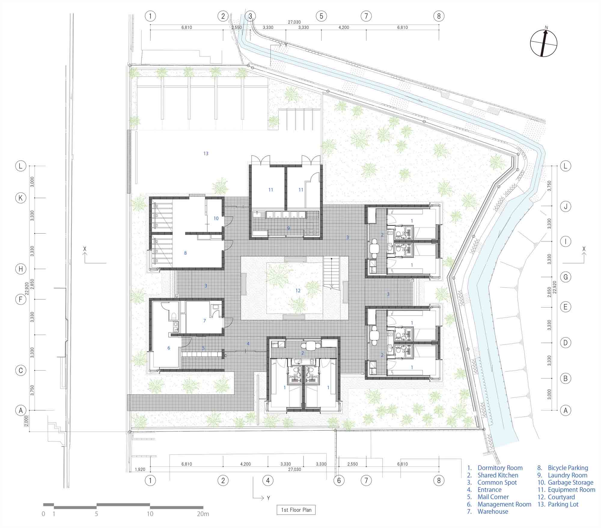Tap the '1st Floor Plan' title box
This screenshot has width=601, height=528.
(x=296, y=510)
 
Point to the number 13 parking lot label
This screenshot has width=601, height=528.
(x=206, y=153)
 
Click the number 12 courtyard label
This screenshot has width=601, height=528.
(x=298, y=290)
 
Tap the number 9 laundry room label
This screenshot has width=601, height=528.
(x=288, y=228)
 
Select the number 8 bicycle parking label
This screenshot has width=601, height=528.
(x=185, y=253)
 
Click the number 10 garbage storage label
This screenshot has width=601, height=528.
(x=216, y=218)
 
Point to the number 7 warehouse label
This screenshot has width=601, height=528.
(x=205, y=321)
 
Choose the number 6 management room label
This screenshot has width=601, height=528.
(x=169, y=348)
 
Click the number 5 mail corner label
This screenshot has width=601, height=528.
(x=203, y=348)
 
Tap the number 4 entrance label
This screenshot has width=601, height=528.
(x=248, y=344)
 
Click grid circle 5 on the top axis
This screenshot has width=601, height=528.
(x=321, y=16)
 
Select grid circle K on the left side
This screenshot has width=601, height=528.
(x=21, y=198)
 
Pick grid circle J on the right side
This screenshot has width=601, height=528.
(x=566, y=206)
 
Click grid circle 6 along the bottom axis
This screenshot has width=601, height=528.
(x=339, y=481)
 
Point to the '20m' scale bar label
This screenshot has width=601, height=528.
(x=203, y=514)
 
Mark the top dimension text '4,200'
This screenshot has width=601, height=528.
(x=344, y=27)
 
